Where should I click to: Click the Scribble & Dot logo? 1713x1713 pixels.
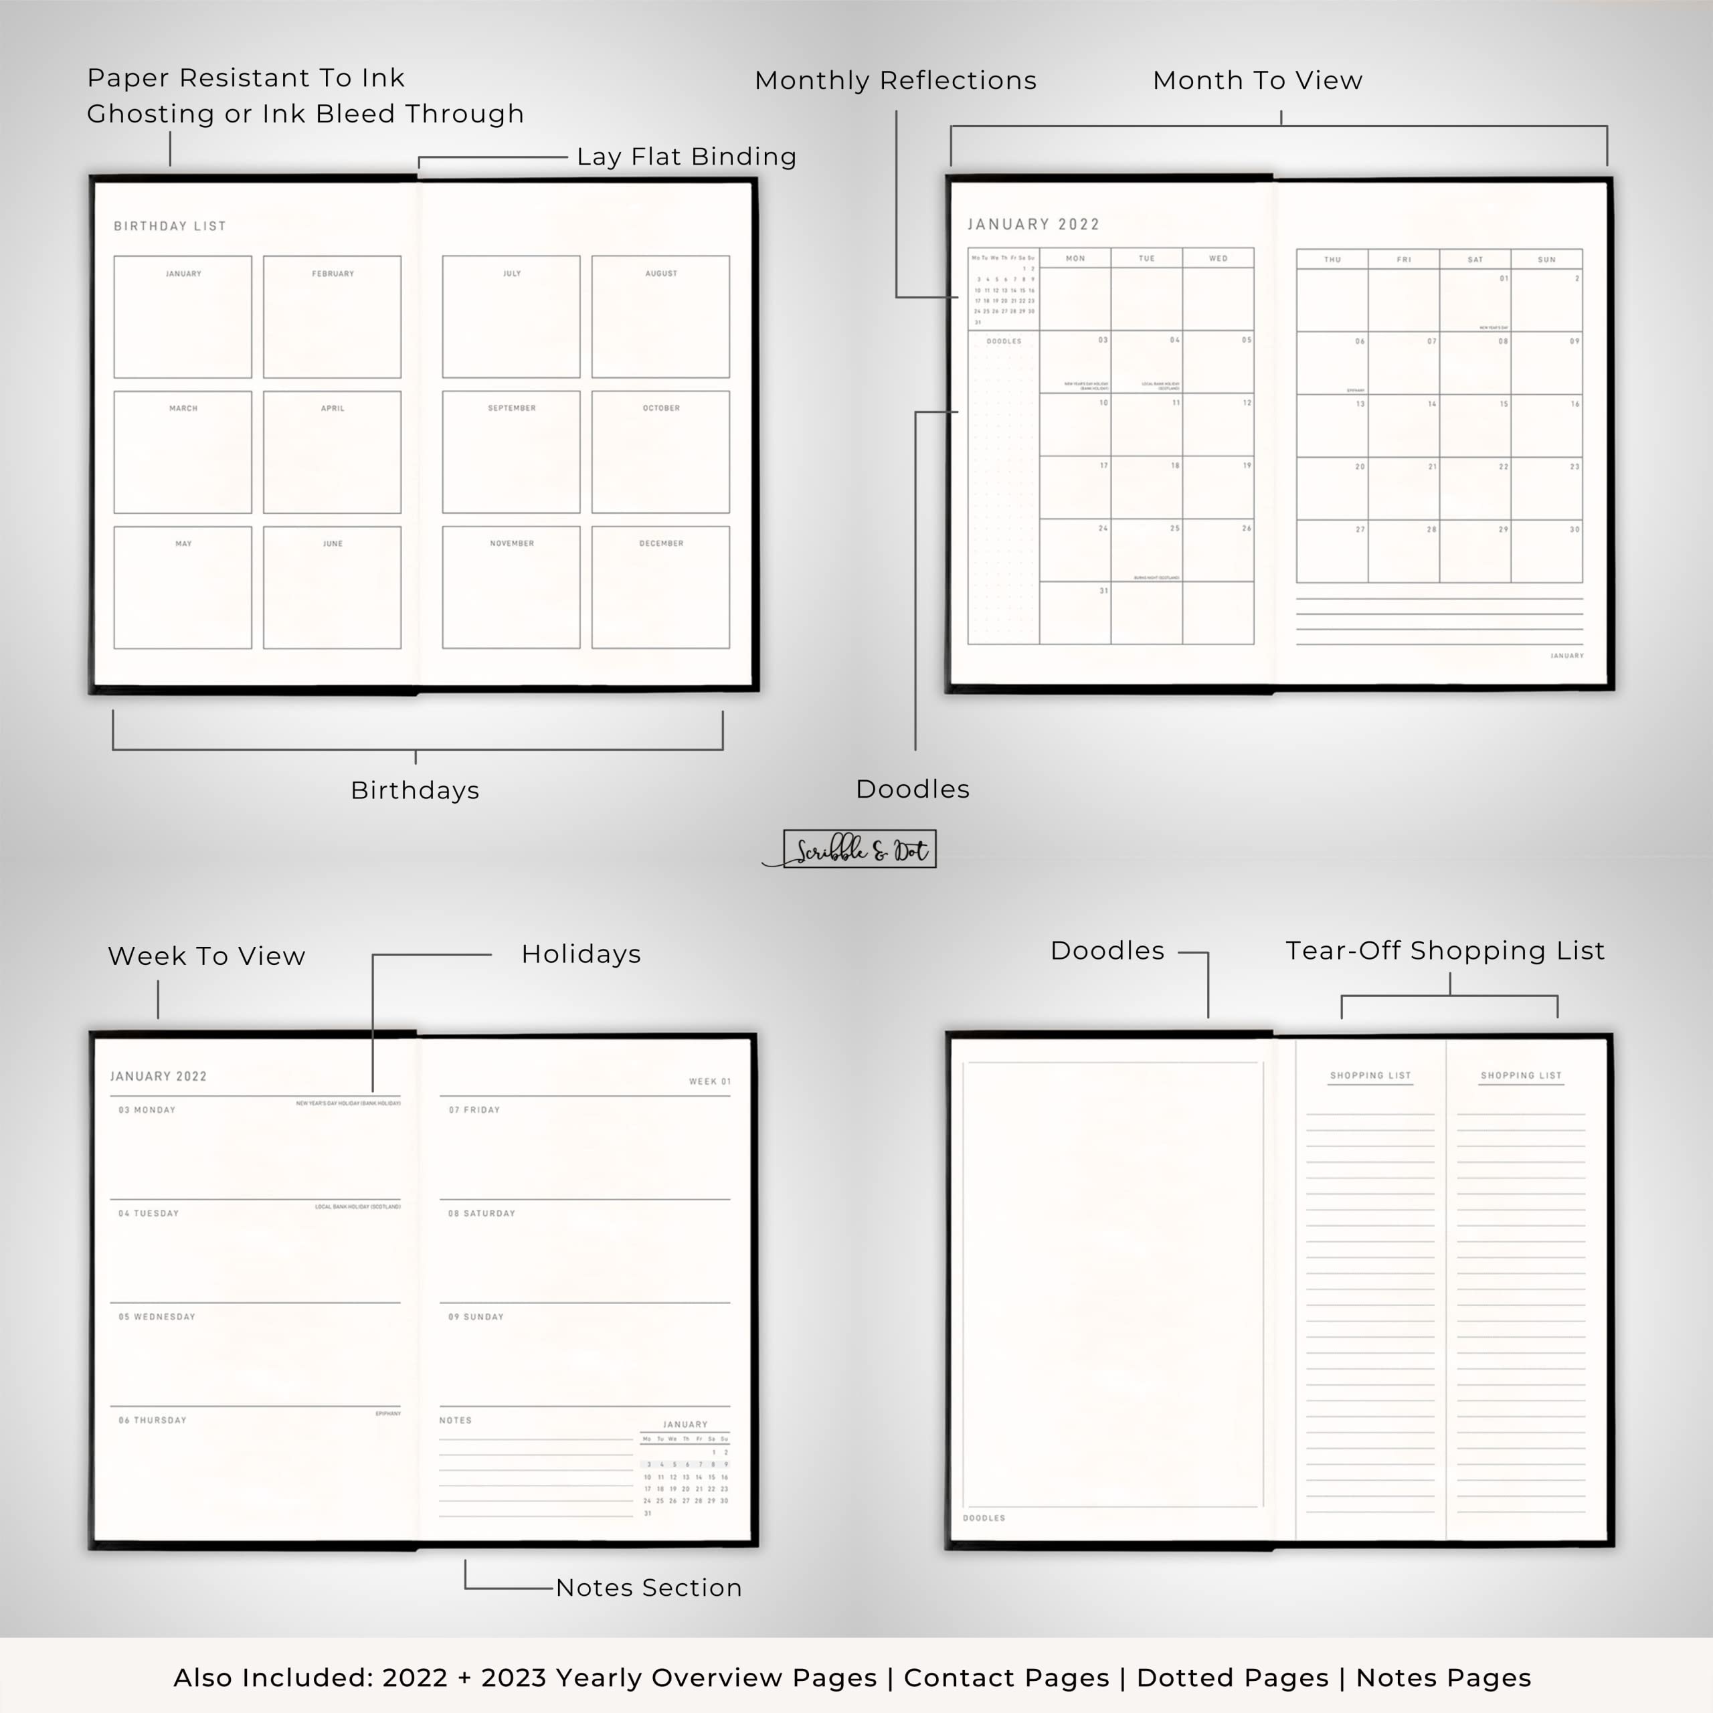(x=859, y=849)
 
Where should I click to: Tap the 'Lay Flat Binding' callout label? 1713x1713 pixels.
(x=687, y=157)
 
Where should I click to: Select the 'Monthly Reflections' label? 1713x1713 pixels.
(x=895, y=81)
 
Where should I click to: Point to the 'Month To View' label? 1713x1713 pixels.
(x=1257, y=81)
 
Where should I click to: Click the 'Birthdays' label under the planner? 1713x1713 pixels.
(x=415, y=790)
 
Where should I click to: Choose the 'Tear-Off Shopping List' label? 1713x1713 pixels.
(x=1445, y=950)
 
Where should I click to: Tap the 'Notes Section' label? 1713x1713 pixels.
(x=648, y=1587)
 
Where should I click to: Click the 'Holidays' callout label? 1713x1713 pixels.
(x=581, y=954)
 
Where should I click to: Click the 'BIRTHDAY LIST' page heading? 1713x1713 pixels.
(x=169, y=226)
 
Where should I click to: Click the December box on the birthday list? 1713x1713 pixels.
(x=660, y=587)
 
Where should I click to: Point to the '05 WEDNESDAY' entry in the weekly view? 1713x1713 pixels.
(x=157, y=1317)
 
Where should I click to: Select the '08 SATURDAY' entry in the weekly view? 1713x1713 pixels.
(x=482, y=1213)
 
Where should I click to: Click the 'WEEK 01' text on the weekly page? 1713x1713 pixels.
(x=709, y=1082)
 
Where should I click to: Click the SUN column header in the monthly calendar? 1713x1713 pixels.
(x=1546, y=260)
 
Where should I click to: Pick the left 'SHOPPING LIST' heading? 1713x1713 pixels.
(x=1370, y=1075)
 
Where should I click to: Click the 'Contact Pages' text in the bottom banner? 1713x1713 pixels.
(x=1006, y=1678)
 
